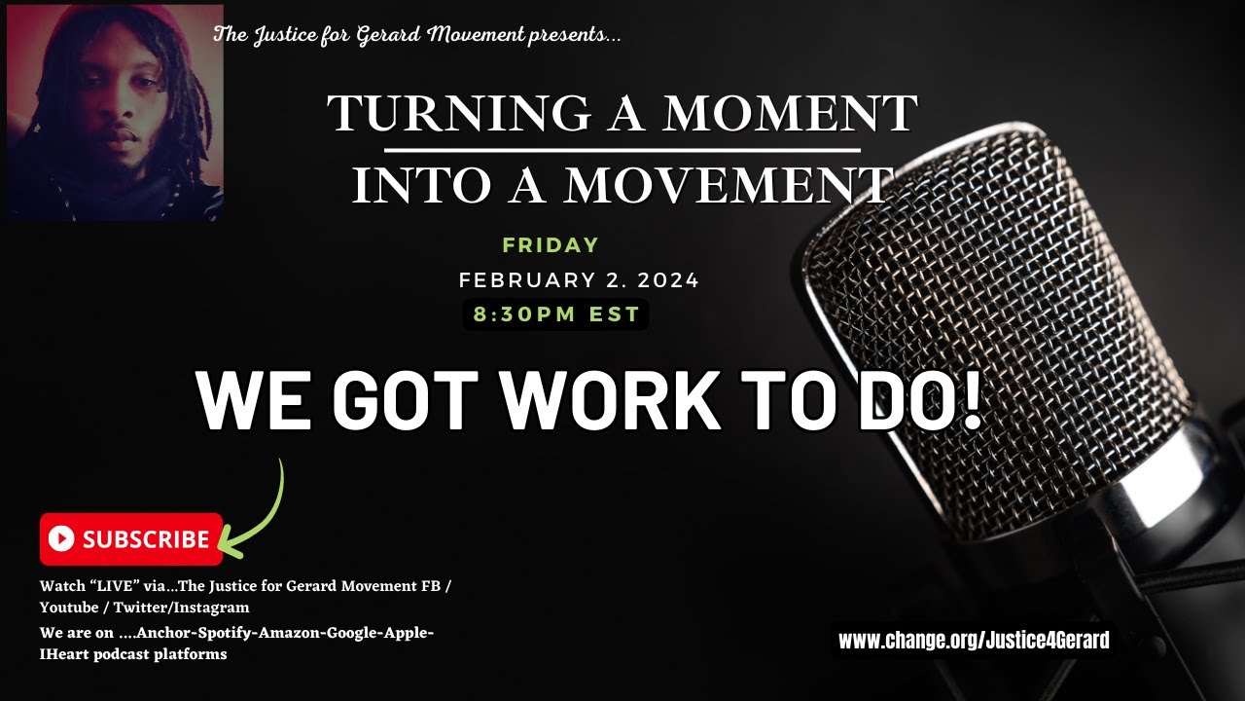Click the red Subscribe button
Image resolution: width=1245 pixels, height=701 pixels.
(x=131, y=538)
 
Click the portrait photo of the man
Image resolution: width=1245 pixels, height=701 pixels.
(x=115, y=112)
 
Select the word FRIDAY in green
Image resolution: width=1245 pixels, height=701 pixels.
(x=551, y=245)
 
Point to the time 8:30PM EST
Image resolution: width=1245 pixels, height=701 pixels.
(x=556, y=314)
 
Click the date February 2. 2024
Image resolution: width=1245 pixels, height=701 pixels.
(x=579, y=280)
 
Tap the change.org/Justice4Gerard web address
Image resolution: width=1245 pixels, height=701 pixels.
(x=974, y=640)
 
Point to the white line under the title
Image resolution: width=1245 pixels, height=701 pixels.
(x=622, y=151)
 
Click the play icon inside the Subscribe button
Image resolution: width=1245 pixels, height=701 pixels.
(x=60, y=538)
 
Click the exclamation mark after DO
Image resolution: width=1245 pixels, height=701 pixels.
(x=969, y=400)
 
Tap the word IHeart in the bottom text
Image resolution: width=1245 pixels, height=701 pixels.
(x=66, y=654)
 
